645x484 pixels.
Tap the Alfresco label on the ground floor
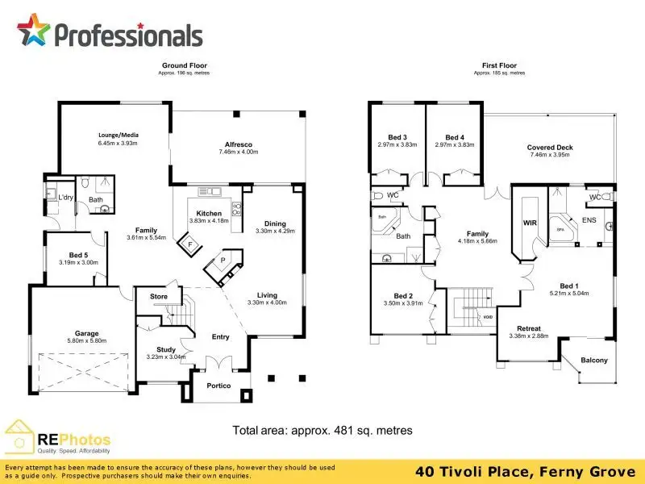[x=238, y=144]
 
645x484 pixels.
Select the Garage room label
[x=87, y=333]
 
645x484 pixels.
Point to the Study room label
[x=166, y=349]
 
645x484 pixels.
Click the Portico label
[x=219, y=386]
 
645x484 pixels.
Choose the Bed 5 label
[x=79, y=255]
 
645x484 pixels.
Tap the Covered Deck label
[x=550, y=148]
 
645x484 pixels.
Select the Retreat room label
[x=529, y=328]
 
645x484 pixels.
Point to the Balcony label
[x=594, y=361]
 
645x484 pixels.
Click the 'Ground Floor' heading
[x=185, y=65]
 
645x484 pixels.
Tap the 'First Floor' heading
[x=499, y=65]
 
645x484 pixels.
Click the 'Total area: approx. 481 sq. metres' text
[x=322, y=431]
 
